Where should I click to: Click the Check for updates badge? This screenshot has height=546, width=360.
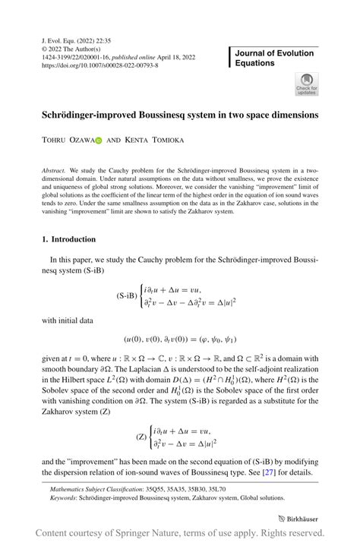coord(306,84)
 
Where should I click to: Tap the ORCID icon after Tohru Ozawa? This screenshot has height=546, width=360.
coord(98,140)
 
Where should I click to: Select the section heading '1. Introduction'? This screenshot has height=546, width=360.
coord(68,239)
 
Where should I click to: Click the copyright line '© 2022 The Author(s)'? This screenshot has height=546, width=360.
coord(74,48)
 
